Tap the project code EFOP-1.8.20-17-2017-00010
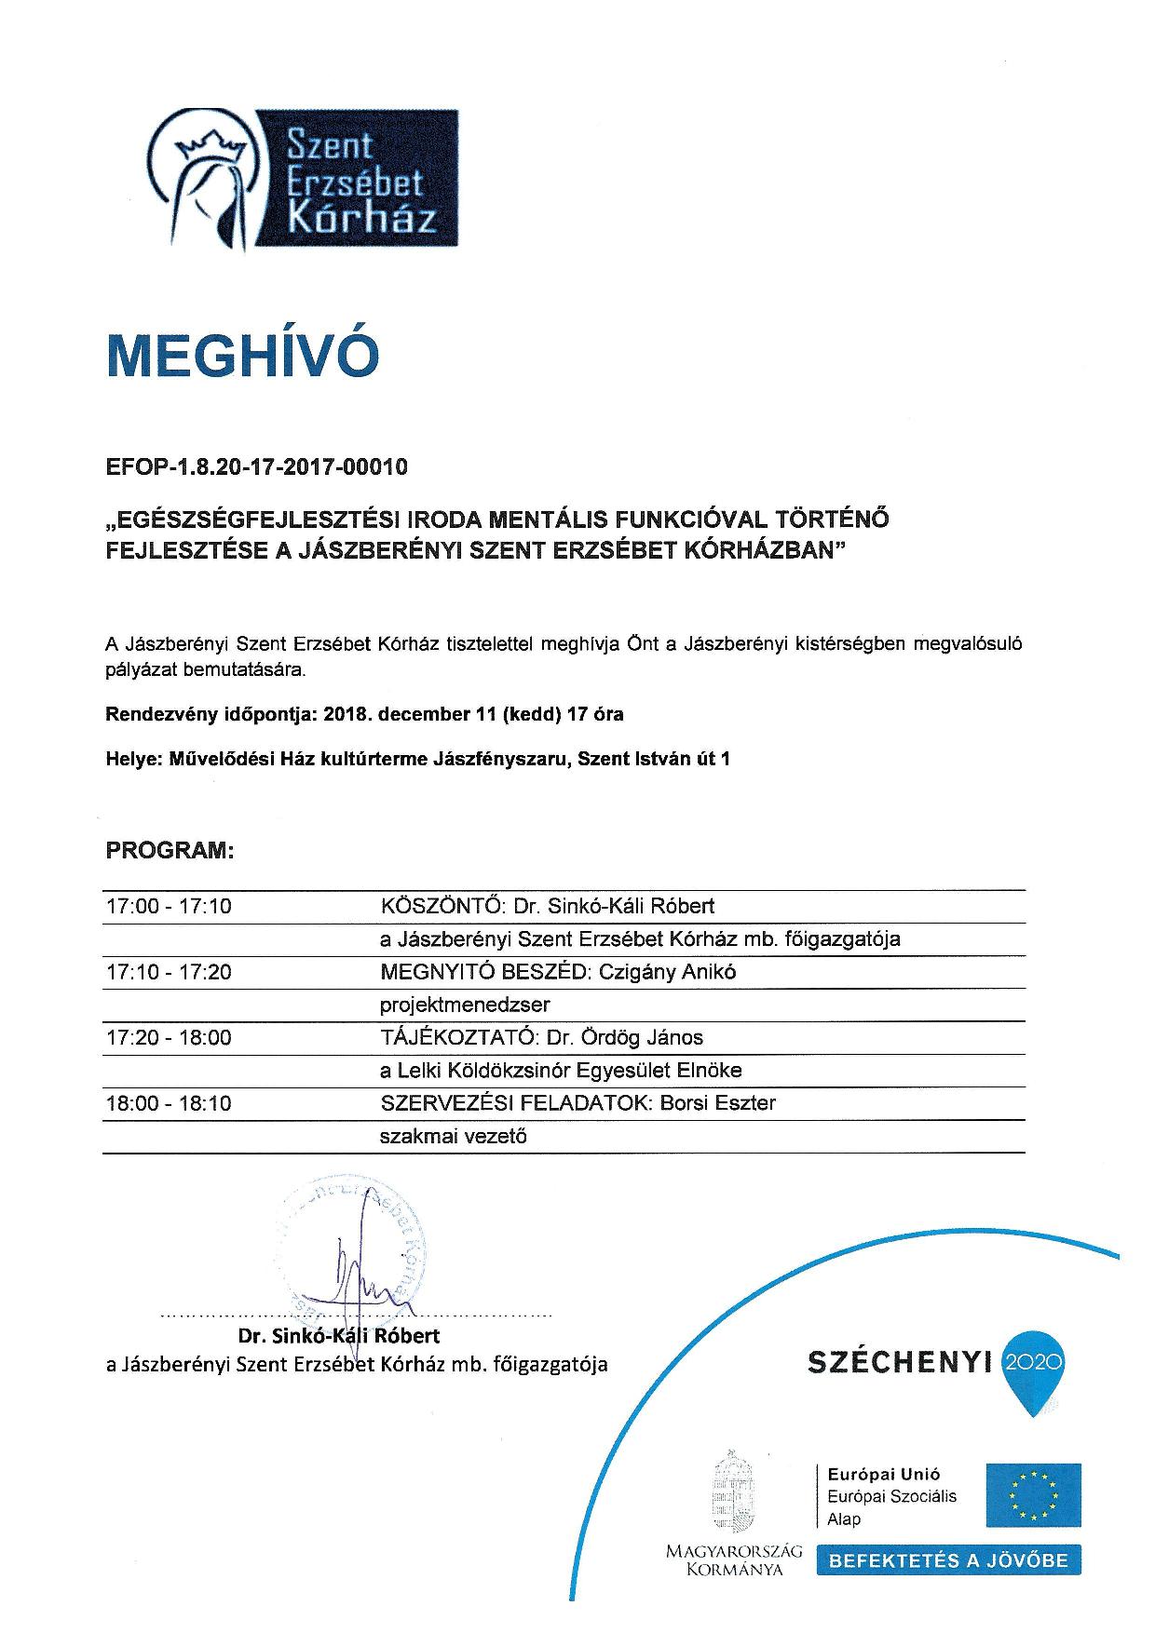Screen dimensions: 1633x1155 tap(257, 467)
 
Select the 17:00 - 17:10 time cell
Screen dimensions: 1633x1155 tap(169, 906)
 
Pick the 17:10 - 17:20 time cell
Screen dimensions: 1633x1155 tap(169, 972)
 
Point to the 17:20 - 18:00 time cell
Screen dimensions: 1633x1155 tap(169, 1037)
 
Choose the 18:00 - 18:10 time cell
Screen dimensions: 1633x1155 tap(169, 1103)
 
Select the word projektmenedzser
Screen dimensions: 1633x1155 tap(465, 1005)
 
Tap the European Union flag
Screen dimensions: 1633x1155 tap(1034, 1494)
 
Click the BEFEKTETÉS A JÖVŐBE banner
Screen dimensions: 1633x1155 tap(948, 1560)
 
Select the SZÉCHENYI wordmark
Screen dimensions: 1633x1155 tap(898, 1363)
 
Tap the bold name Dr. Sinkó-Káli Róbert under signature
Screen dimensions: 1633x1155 tap(339, 1336)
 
